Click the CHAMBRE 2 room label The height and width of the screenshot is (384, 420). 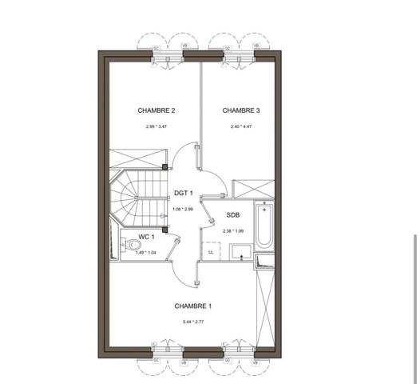(156, 110)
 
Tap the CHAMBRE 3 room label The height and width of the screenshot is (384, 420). (241, 110)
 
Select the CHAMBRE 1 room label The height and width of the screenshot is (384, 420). (193, 306)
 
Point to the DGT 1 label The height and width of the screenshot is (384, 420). (184, 194)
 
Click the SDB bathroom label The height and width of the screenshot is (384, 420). (232, 215)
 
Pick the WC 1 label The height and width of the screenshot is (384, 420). (145, 237)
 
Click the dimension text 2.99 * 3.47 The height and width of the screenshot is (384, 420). (157, 127)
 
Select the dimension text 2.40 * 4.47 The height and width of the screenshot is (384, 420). (241, 127)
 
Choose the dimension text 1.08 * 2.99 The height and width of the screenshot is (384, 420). (183, 210)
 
